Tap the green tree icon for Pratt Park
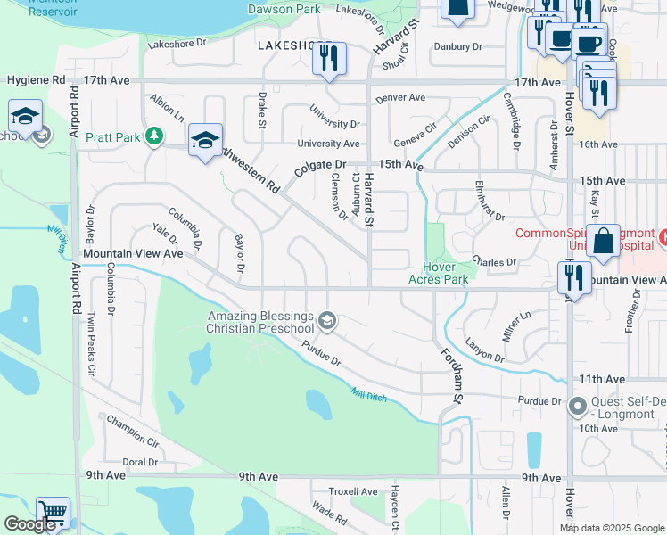point(155,135)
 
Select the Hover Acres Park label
point(438,273)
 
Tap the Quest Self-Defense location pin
point(578,407)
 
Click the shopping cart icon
point(53,513)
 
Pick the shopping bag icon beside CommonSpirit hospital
point(603,241)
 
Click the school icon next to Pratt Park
point(205,140)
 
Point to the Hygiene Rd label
point(36,80)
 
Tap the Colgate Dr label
point(320,166)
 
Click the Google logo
point(29,524)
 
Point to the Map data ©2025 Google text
point(612,528)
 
